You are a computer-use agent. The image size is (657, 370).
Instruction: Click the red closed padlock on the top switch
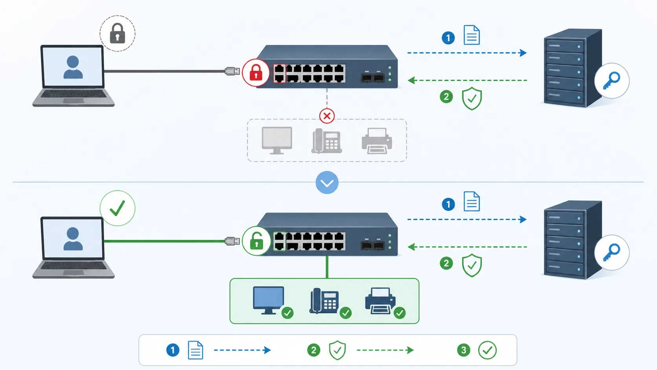256,72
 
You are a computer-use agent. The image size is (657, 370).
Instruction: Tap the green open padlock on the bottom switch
257,241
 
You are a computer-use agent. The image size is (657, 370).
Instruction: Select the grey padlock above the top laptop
117,33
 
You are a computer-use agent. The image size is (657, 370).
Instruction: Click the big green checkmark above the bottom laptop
117,208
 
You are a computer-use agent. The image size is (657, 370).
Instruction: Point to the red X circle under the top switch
327,116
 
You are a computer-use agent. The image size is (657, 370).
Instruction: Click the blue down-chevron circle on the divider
327,183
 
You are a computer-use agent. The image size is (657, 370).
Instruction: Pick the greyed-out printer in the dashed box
377,141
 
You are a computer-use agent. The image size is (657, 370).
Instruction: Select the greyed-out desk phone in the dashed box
327,141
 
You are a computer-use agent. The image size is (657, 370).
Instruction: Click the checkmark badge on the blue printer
400,313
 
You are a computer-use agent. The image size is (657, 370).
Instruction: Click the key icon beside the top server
611,81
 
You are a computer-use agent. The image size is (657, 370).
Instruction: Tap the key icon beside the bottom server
611,252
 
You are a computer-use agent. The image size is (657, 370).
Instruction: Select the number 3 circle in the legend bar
464,350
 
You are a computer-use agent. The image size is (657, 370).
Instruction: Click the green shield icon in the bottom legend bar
337,350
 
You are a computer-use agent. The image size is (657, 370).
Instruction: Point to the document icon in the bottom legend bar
196,350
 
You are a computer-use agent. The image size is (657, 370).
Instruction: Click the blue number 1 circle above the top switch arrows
448,38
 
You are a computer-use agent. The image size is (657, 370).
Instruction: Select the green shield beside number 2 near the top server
472,98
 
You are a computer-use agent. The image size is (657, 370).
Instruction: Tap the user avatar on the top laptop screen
73,67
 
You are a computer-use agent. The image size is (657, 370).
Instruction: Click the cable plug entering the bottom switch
232,241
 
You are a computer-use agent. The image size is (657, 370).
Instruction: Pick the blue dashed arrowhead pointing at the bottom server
523,219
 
